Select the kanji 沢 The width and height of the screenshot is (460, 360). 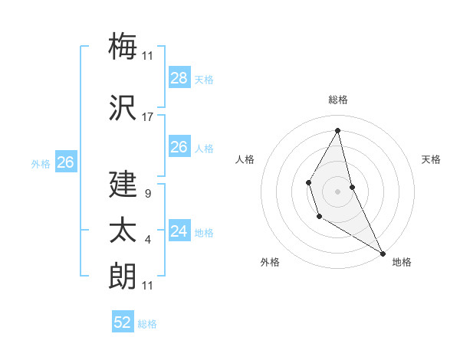point(123,108)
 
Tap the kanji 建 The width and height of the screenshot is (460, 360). point(123,185)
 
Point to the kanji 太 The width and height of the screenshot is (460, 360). point(123,231)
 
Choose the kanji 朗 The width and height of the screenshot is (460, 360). point(123,276)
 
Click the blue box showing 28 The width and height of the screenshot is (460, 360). point(179,78)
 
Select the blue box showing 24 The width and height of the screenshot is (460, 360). point(179,231)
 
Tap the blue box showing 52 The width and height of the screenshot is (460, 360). point(123,322)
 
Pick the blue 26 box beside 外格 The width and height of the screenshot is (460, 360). point(65,162)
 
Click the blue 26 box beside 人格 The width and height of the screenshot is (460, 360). point(179,147)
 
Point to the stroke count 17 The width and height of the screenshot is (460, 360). point(148,117)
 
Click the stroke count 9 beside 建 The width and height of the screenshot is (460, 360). point(147,194)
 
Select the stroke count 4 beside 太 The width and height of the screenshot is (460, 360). point(147,240)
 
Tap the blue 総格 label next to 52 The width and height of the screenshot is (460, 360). point(147,324)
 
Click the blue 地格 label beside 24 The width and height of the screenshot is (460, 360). point(204,233)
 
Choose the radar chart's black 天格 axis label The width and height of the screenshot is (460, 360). point(431,159)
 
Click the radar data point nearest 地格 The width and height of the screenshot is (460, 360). point(383,254)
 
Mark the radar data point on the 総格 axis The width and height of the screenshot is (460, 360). point(338,130)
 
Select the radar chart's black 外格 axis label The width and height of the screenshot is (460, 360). point(270,262)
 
